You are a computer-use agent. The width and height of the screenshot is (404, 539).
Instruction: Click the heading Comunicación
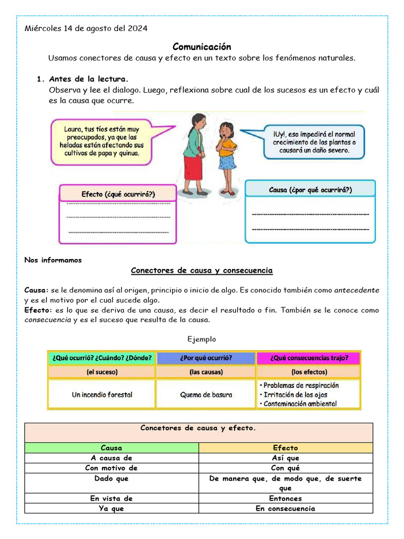click(x=201, y=47)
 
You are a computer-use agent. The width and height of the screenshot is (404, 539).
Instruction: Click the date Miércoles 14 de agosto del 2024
click(x=86, y=28)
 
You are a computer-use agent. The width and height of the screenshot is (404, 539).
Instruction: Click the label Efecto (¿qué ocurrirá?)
click(x=118, y=194)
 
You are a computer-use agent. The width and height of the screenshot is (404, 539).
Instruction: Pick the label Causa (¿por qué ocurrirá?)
click(x=310, y=189)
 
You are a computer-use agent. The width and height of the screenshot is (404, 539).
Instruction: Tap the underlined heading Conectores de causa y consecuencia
click(x=201, y=271)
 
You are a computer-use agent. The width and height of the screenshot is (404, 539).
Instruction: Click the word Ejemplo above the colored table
click(x=201, y=339)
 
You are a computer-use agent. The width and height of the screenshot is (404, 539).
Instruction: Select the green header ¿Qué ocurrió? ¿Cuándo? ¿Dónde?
click(x=102, y=358)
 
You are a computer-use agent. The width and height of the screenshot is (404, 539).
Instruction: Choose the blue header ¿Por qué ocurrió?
click(x=206, y=358)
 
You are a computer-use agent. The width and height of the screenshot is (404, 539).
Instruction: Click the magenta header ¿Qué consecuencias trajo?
click(x=308, y=358)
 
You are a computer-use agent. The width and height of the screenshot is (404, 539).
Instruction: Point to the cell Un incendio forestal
click(x=102, y=394)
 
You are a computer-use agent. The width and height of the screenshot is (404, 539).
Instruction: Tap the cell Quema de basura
click(x=206, y=395)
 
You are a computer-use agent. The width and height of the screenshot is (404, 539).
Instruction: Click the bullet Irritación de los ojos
click(x=296, y=394)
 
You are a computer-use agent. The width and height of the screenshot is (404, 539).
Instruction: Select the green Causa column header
click(x=112, y=448)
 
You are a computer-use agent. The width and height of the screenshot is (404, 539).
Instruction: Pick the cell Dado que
click(x=112, y=478)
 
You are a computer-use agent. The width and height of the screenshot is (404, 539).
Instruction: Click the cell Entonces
click(x=285, y=498)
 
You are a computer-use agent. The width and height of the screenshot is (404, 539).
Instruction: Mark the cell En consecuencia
click(x=285, y=508)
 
